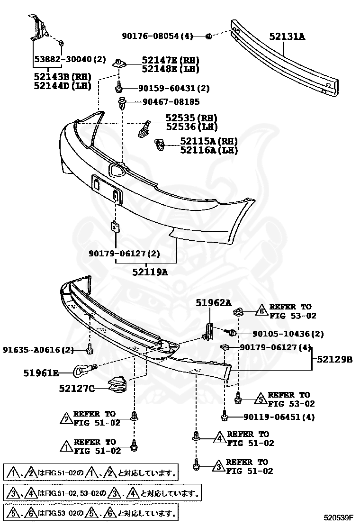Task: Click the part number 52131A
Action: pos(287,36)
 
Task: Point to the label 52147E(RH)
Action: pos(171,60)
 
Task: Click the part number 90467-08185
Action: pos(169,102)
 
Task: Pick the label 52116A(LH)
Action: pos(209,150)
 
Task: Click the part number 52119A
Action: pos(150,272)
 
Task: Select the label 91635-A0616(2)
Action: pos(38,350)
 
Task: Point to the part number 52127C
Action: pos(76,389)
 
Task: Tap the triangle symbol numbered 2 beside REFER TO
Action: pos(66,418)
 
